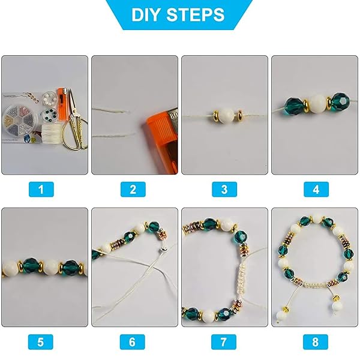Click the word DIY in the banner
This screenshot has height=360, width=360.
click(145, 15)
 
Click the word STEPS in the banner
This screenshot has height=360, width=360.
click(196, 15)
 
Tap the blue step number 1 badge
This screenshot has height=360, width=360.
click(41, 190)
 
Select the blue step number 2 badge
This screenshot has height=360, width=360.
click(133, 190)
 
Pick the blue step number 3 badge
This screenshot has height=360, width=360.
click(224, 190)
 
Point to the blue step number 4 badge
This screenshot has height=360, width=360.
click(316, 190)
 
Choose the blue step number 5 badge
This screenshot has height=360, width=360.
click(41, 342)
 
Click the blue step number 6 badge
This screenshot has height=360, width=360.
click(133, 342)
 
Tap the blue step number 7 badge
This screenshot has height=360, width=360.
click(224, 342)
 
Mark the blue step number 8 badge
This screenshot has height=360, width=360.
click(316, 342)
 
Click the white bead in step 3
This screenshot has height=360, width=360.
click(226, 115)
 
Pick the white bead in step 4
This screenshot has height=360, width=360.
click(318, 104)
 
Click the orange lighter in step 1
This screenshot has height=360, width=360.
click(62, 103)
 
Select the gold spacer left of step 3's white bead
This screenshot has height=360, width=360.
click(216, 115)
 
